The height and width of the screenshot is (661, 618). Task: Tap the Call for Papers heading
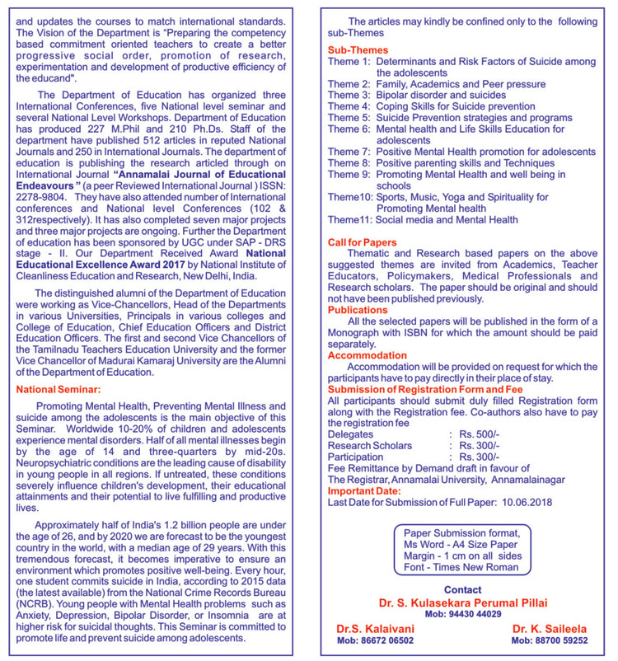(363, 242)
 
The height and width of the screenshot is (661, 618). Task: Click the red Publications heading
(358, 310)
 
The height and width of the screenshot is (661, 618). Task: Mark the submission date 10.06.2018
(524, 501)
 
